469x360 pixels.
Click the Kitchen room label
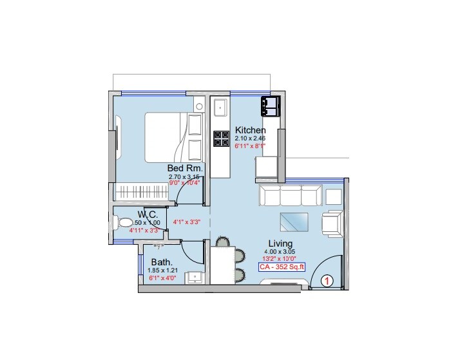[250, 129]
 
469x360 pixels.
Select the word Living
[280, 243]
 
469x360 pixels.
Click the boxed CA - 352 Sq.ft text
[282, 266]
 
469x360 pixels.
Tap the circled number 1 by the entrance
[327, 280]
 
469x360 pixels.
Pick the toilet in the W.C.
[124, 223]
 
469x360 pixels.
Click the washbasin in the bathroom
[193, 277]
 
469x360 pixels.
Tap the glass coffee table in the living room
[294, 221]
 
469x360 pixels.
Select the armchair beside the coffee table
[332, 223]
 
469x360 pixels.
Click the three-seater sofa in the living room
[290, 196]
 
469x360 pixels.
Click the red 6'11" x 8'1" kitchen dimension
[250, 146]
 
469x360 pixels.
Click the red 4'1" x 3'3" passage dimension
[187, 222]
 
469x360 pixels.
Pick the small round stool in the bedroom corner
[200, 106]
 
